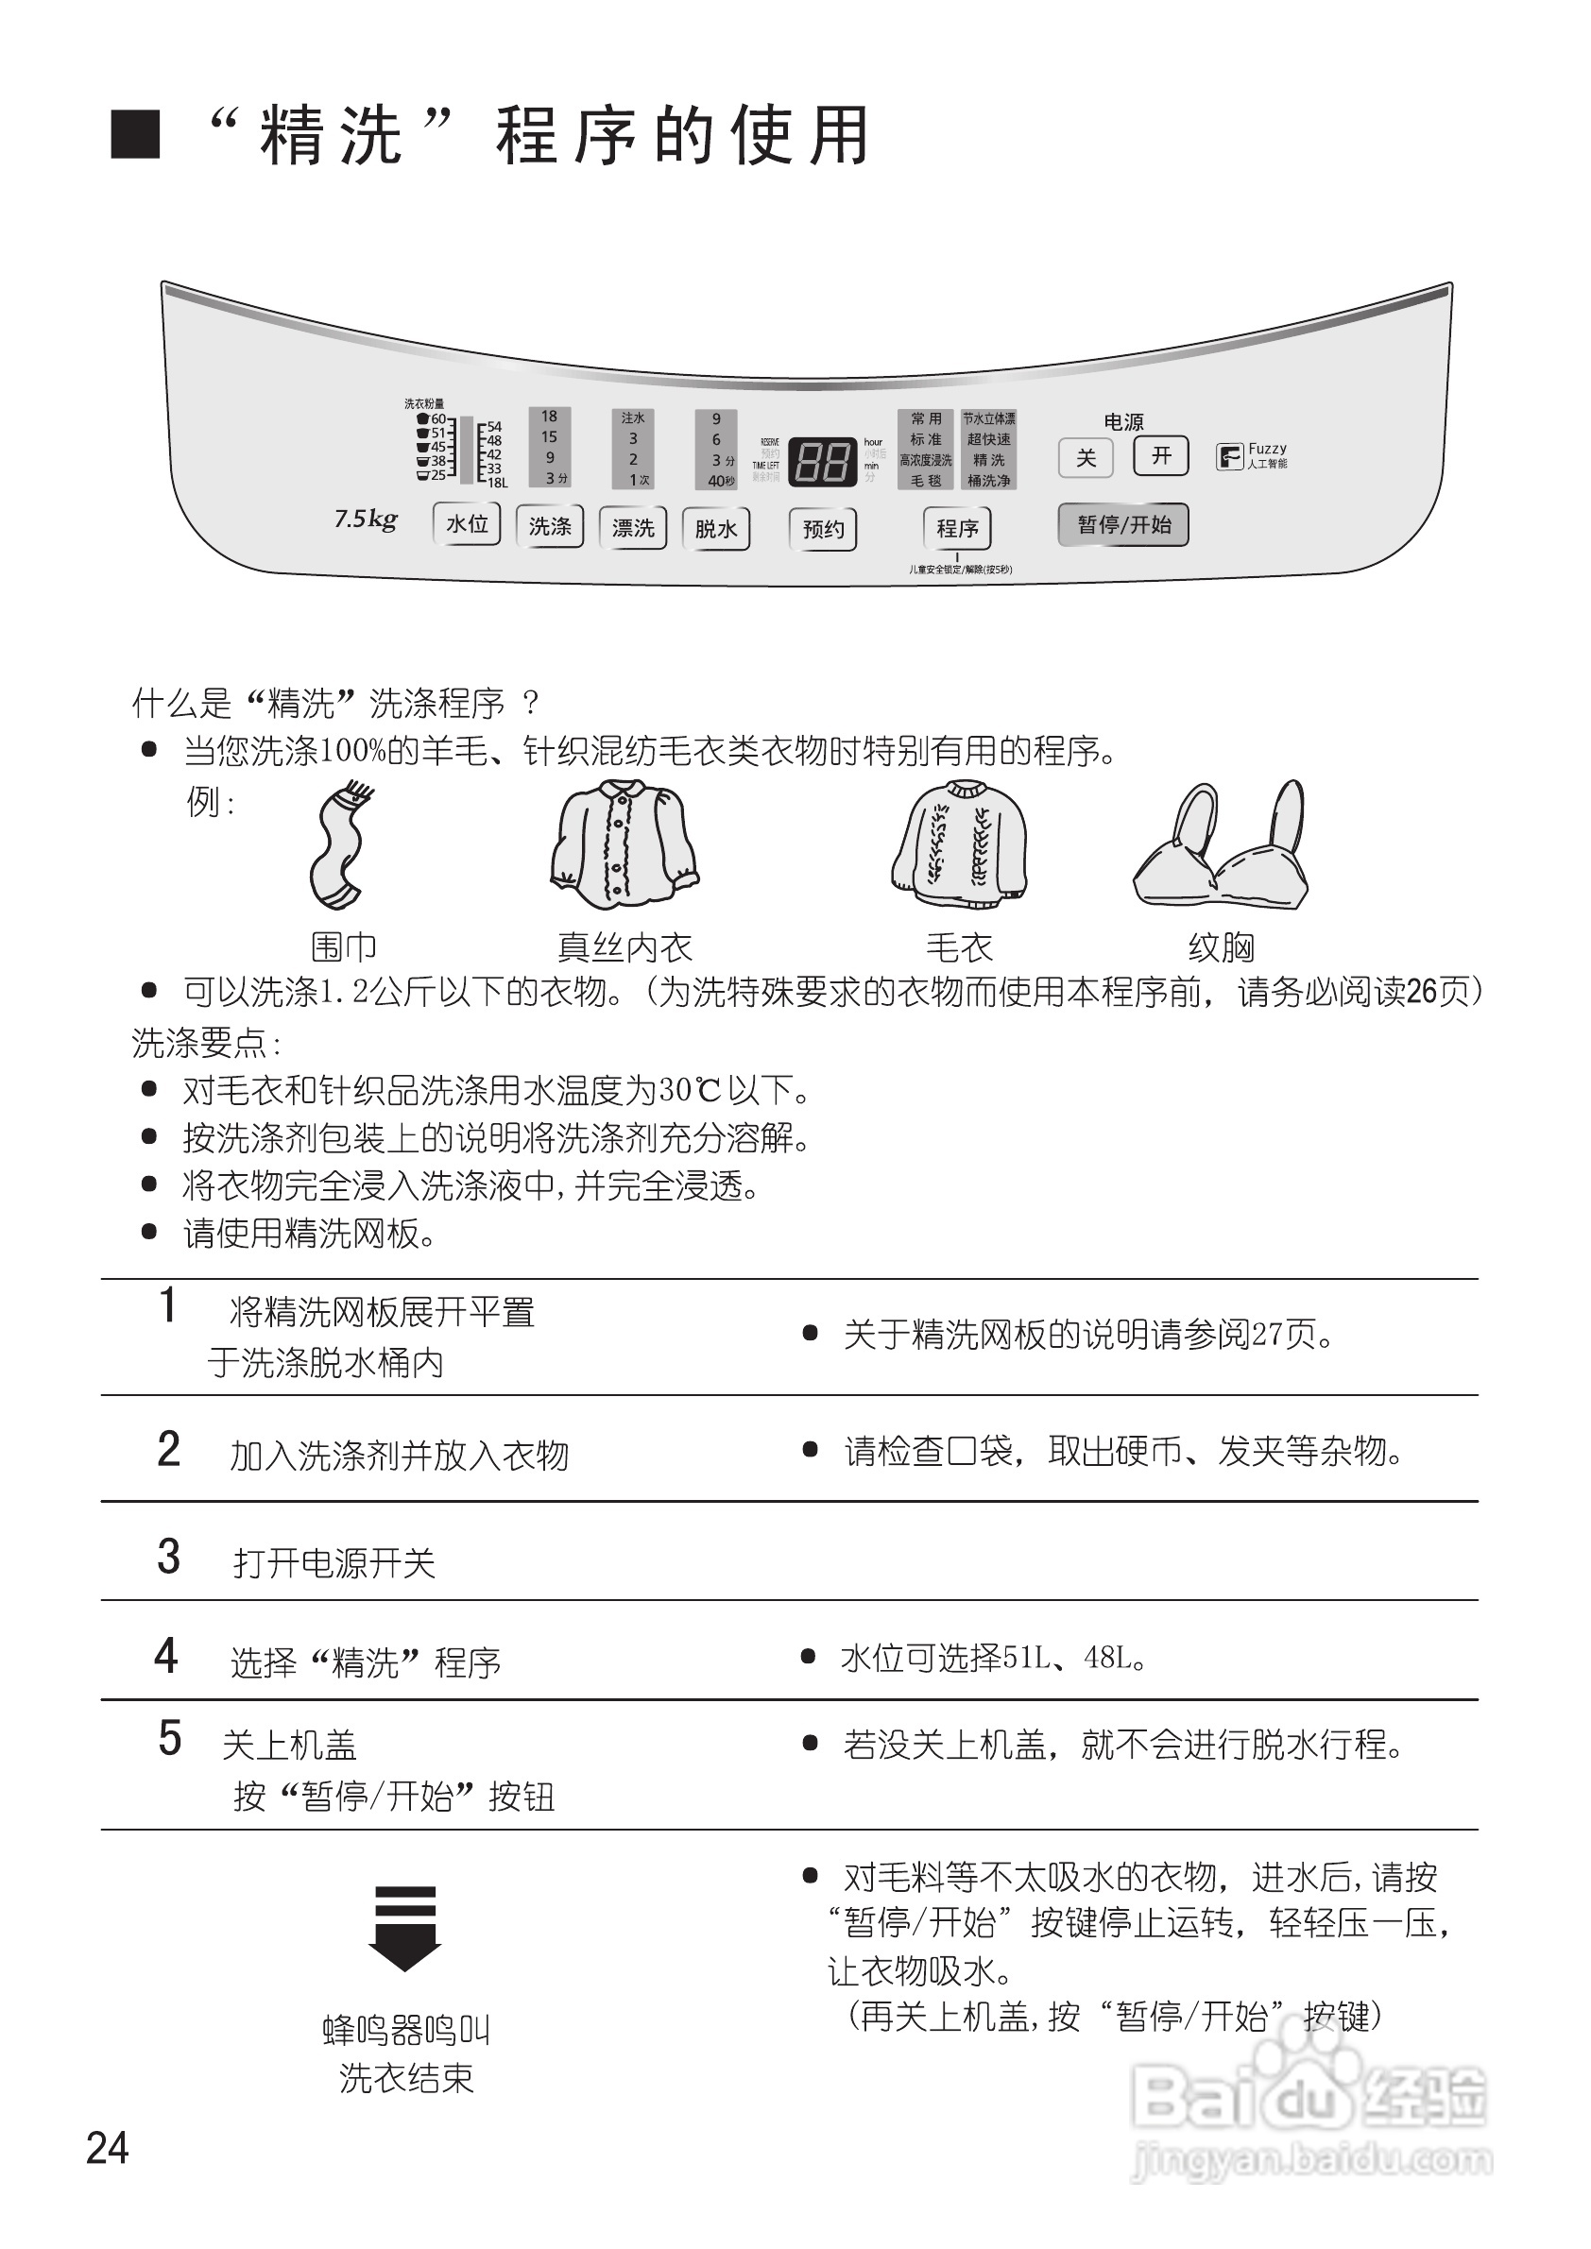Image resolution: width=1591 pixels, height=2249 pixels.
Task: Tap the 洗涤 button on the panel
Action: [550, 527]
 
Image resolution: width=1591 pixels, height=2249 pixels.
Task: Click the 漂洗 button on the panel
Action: [633, 528]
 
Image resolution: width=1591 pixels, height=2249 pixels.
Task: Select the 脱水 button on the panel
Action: [716, 529]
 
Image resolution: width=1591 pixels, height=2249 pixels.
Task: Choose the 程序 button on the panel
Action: [957, 529]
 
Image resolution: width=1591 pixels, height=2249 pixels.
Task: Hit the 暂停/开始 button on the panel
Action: [1123, 525]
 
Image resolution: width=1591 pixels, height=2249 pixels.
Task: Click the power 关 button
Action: [1086, 457]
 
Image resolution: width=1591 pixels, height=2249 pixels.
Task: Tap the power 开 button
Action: [1161, 455]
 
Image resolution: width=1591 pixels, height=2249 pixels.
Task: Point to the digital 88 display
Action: [822, 459]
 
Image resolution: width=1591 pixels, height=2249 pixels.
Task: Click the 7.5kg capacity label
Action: [366, 520]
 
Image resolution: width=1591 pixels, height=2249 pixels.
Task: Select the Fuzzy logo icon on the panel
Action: [1228, 456]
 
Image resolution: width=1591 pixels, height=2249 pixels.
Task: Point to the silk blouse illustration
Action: [624, 843]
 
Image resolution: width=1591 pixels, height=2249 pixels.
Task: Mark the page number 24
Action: [108, 2148]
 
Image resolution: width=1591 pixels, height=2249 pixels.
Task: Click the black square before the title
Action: [135, 134]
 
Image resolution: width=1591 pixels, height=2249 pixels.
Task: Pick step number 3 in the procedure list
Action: [168, 1557]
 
